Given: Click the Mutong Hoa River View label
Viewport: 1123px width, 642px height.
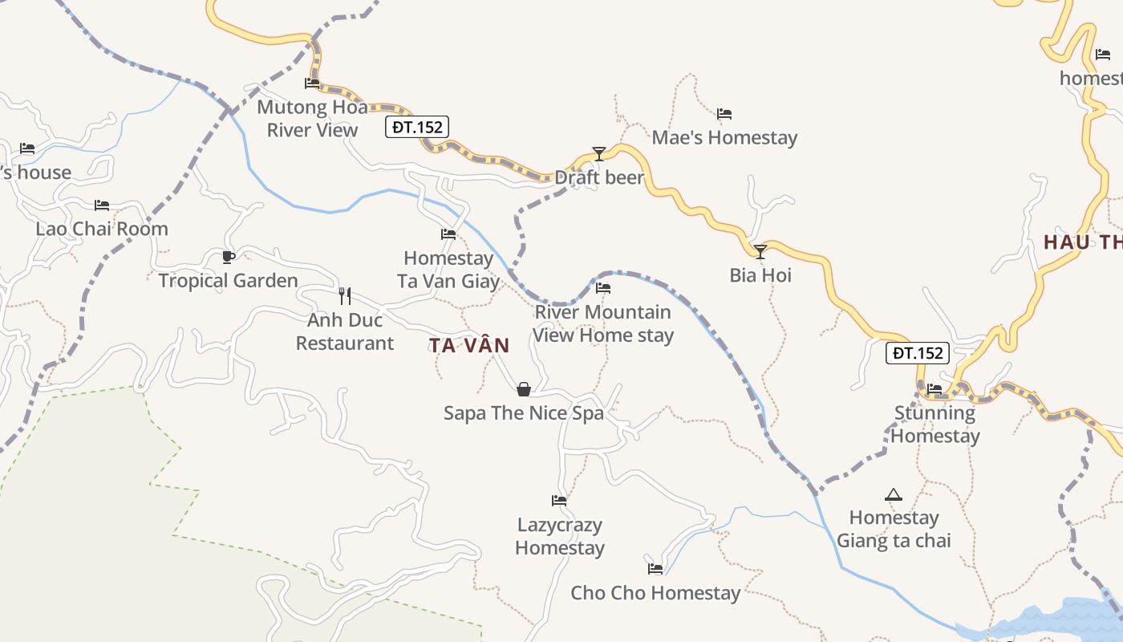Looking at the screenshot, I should pos(312,119).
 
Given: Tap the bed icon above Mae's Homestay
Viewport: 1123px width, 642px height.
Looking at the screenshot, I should pos(724,114).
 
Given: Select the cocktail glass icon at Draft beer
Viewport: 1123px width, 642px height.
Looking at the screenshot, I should pos(598,154).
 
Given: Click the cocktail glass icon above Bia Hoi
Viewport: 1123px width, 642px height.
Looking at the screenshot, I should pos(760,252).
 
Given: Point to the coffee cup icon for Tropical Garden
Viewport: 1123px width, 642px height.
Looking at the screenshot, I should pos(229,257).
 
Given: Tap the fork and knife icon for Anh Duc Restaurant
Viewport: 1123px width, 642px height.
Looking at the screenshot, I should pos(345,296).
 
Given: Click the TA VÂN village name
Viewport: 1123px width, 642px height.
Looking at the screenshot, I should pos(469,346).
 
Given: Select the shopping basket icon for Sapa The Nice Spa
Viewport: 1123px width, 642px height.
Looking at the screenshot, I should pos(524,390).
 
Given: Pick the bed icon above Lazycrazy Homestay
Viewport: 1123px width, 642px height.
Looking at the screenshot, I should pos(559,501).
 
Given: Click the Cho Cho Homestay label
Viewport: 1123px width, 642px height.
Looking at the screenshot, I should pos(655,593).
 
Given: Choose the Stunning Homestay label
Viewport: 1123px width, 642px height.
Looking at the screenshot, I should pos(935,425).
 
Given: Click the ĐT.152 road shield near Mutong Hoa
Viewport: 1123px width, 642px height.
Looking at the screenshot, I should pos(416,127).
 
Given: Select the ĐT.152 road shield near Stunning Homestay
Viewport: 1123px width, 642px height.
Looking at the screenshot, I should pos(918,353).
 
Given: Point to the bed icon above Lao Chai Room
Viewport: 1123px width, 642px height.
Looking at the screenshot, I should pos(101,205).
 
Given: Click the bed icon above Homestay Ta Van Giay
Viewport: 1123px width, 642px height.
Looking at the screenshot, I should pos(448,234).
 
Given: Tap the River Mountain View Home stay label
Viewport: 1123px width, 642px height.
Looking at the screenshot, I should pos(603,323).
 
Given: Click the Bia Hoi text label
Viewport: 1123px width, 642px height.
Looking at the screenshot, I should pos(760,275).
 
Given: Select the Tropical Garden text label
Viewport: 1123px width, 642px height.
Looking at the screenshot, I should pos(229,281).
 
